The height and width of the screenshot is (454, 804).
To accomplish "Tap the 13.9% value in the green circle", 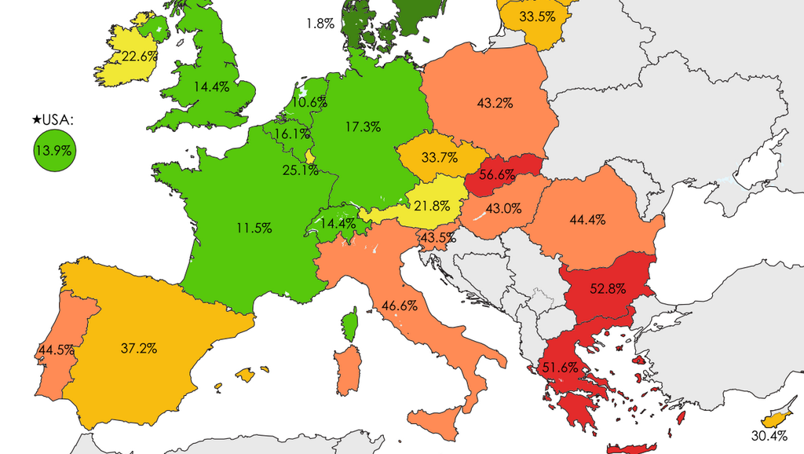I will [53, 151].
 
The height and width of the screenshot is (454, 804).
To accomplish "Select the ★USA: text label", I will [53, 119].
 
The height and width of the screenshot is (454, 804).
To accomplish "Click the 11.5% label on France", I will [254, 228].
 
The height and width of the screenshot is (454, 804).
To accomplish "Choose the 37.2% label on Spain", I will [140, 347].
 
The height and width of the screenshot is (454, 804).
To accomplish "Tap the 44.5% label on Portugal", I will [55, 350].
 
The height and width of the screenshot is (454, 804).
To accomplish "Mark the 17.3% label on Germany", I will [363, 126].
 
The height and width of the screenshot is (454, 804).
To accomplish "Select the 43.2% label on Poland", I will [495, 102].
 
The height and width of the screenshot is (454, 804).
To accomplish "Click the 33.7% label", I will [440, 157].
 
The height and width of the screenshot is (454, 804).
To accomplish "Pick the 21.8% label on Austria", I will [432, 206].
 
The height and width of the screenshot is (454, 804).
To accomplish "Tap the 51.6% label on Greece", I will [561, 367].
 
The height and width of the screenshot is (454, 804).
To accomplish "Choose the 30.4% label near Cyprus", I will [769, 437].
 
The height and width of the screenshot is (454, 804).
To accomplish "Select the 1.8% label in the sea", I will [320, 24].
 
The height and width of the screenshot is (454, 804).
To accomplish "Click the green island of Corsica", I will [351, 325].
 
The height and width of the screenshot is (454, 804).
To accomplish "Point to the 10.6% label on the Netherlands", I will [309, 102].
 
